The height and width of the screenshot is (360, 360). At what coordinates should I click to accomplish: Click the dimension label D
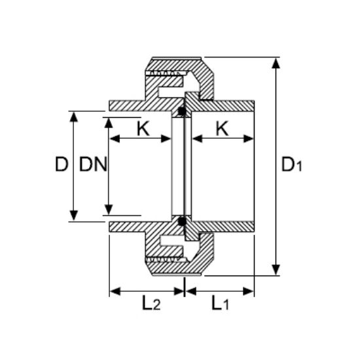[x=61, y=165]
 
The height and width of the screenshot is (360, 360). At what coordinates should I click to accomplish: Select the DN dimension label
[x=93, y=165]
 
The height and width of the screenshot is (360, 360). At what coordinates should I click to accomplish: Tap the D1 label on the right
[x=291, y=165]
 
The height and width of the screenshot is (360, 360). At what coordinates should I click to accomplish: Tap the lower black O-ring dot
[x=181, y=221]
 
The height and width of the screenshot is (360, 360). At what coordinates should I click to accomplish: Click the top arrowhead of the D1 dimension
[x=277, y=62]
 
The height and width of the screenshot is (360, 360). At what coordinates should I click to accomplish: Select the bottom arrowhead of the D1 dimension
[x=277, y=271]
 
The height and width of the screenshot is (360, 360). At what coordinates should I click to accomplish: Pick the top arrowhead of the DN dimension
[x=107, y=122]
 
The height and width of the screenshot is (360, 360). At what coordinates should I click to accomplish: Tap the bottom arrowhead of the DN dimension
[x=107, y=210]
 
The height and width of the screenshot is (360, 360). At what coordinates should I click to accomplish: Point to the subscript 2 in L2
[x=156, y=305]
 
